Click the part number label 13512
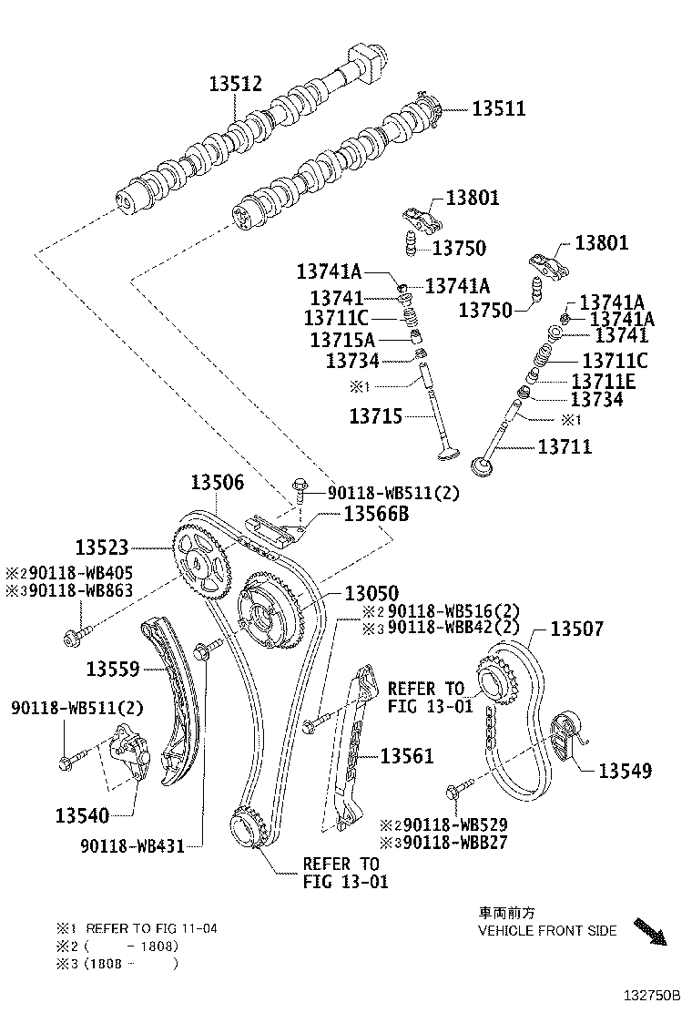pos(235,85)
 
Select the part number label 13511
pos(498,109)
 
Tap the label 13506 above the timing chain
pos(217,483)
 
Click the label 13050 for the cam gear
pos(371,594)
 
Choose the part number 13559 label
pos(113,670)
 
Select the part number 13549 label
pos(625,771)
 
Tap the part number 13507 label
pos(576,629)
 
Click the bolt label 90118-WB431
pos(131,846)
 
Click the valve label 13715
pos(377,416)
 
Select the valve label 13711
pos(565,446)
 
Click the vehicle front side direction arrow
pos(650,931)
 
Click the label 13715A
pos(339,339)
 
